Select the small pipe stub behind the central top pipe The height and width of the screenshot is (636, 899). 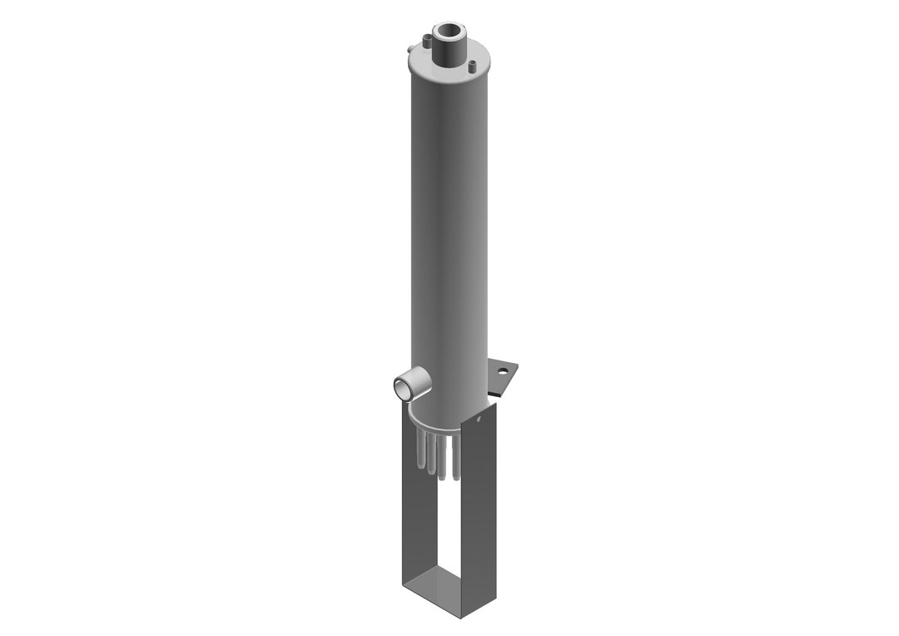(x=426, y=37)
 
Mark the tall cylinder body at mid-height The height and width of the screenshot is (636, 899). (x=448, y=225)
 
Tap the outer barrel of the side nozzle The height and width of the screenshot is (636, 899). (x=419, y=379)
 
